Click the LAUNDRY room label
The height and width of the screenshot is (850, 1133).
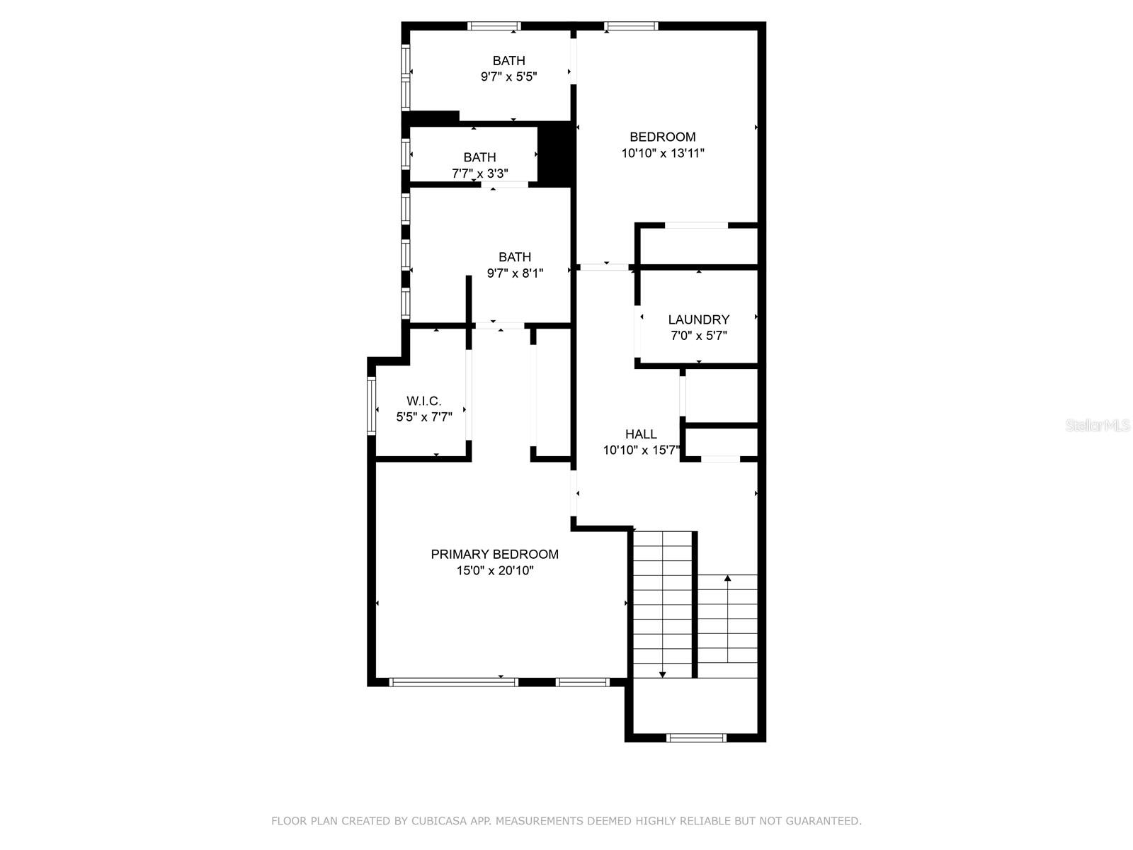click(698, 319)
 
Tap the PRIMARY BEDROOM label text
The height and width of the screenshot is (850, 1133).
click(494, 554)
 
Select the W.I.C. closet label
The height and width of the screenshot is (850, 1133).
click(423, 401)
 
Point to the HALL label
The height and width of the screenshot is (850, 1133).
click(640, 434)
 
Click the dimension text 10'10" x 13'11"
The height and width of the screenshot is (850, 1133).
click(663, 153)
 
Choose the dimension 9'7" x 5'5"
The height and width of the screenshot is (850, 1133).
click(508, 76)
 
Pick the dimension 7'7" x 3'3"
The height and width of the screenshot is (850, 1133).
click(479, 173)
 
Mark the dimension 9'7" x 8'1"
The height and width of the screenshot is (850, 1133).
click(514, 273)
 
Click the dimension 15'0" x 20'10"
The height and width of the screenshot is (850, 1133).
click(494, 570)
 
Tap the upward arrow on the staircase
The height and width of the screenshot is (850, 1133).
click(727, 579)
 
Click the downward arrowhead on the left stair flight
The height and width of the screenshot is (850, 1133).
click(662, 674)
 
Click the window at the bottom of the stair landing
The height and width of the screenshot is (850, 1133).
click(697, 737)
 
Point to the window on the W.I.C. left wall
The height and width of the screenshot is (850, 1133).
click(371, 404)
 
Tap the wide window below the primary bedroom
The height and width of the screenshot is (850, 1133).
click(453, 682)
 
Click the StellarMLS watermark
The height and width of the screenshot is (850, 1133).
click(1098, 425)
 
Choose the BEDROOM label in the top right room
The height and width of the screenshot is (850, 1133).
click(663, 137)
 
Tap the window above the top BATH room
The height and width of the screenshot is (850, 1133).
click(494, 26)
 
